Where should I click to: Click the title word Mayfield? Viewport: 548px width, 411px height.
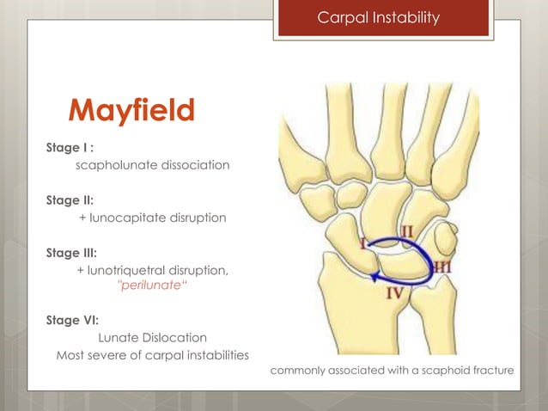tap(132, 111)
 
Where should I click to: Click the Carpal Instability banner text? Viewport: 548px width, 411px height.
tap(379, 17)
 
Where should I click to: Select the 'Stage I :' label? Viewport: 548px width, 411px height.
tap(70, 147)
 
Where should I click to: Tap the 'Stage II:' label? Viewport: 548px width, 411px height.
tap(69, 200)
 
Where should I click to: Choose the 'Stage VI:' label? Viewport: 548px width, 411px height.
tap(71, 320)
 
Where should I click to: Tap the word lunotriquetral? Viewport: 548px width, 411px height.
tap(131, 271)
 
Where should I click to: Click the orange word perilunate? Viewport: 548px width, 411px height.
tap(149, 286)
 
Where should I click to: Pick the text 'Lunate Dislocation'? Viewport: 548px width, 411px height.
tap(153, 337)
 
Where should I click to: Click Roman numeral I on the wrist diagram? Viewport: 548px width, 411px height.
tap(362, 244)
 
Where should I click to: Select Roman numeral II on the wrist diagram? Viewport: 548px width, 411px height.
tap(409, 231)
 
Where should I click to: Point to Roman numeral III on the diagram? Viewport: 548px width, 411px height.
tap(443, 267)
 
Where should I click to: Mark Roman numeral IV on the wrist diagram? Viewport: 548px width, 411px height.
tap(394, 292)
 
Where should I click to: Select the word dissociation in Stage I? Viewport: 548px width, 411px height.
tap(193, 164)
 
